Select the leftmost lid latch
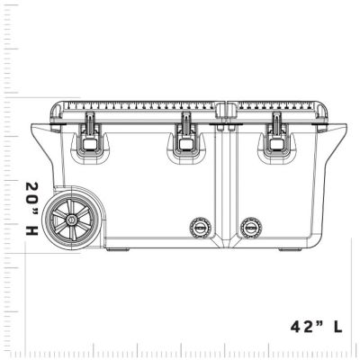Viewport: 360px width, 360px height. pos(90,135)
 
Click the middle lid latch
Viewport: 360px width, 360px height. pos(186,135)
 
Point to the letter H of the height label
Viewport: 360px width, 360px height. pos(31,231)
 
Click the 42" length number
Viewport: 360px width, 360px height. pos(306,326)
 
